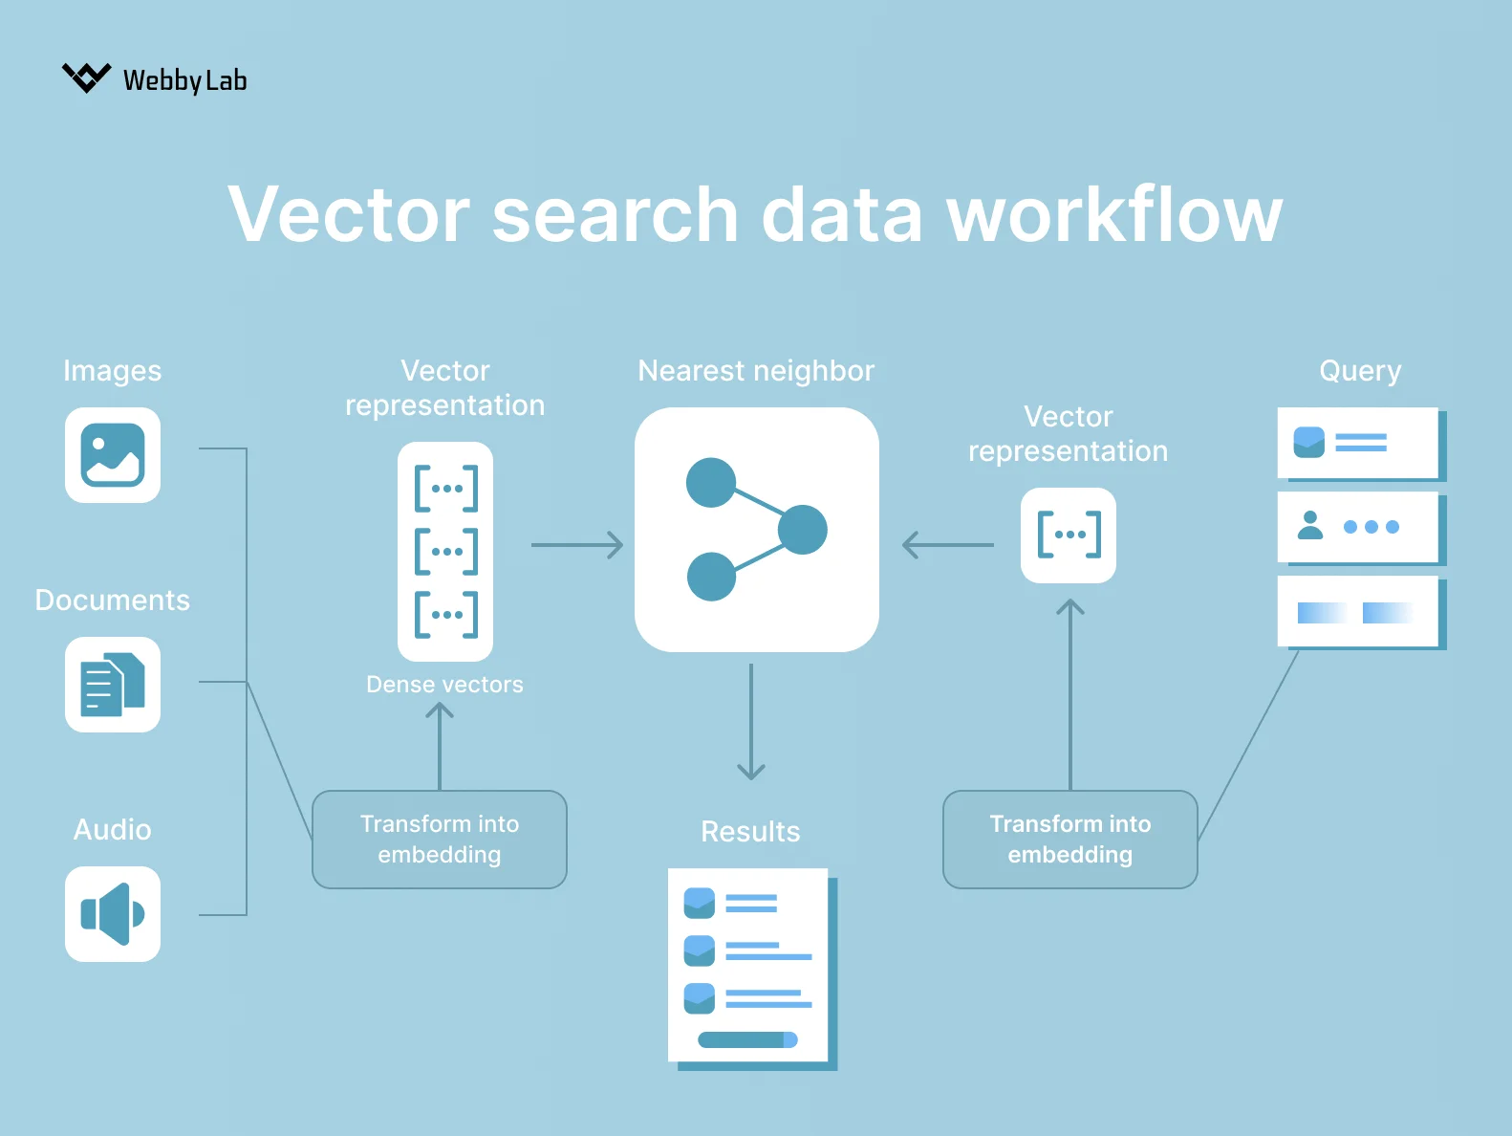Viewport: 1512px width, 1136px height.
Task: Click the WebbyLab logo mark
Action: (x=86, y=77)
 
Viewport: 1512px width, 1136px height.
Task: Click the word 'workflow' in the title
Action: (x=1113, y=215)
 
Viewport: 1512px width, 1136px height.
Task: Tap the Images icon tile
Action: (x=113, y=455)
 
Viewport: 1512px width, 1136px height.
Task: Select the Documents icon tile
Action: (x=113, y=685)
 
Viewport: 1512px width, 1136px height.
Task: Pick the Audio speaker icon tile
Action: (x=113, y=914)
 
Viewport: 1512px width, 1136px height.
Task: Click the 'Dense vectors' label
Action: (x=444, y=685)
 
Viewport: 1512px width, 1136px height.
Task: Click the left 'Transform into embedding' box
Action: (x=440, y=840)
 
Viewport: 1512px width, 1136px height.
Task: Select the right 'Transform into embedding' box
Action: (x=1069, y=840)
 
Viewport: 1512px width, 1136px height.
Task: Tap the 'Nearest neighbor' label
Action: (x=756, y=371)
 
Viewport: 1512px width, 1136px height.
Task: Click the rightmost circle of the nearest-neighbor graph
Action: (x=803, y=530)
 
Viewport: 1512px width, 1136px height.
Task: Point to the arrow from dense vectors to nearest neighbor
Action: (x=576, y=545)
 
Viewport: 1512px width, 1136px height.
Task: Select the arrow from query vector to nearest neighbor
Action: (x=947, y=545)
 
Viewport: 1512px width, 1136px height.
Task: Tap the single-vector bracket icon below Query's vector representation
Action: (x=1069, y=535)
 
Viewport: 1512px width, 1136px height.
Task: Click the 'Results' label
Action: (x=750, y=832)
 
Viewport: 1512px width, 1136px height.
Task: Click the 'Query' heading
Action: (x=1360, y=371)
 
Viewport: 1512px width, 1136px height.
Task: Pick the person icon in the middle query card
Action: (x=1310, y=525)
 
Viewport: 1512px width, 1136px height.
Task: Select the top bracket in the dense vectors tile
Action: (x=446, y=489)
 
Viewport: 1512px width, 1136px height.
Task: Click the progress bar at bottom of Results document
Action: (x=747, y=1039)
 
